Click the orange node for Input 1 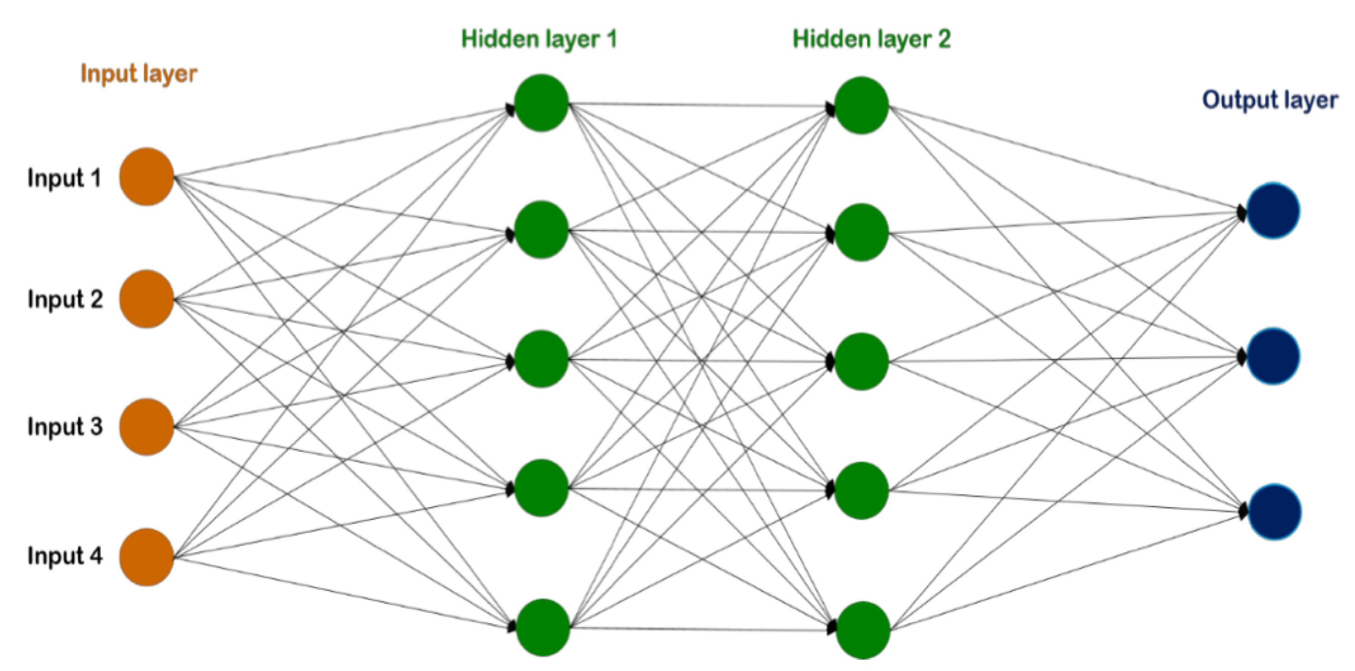pyautogui.click(x=147, y=176)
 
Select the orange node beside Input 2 pyautogui.click(x=147, y=299)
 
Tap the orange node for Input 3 pyautogui.click(x=147, y=427)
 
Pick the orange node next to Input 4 pyautogui.click(x=147, y=557)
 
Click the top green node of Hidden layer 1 pyautogui.click(x=542, y=103)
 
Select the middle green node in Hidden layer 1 pyautogui.click(x=542, y=359)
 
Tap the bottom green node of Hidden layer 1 pyautogui.click(x=543, y=627)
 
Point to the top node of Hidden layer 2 pyautogui.click(x=861, y=105)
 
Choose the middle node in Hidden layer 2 pyautogui.click(x=861, y=362)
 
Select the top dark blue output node pyautogui.click(x=1273, y=211)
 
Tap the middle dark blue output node pyautogui.click(x=1273, y=356)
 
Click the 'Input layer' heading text pyautogui.click(x=139, y=74)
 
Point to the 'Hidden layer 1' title pyautogui.click(x=539, y=39)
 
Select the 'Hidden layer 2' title pyautogui.click(x=872, y=39)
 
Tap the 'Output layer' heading pyautogui.click(x=1270, y=100)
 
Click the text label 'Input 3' pyautogui.click(x=65, y=427)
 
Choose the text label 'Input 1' pyautogui.click(x=64, y=178)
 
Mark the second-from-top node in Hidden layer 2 pyautogui.click(x=861, y=232)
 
